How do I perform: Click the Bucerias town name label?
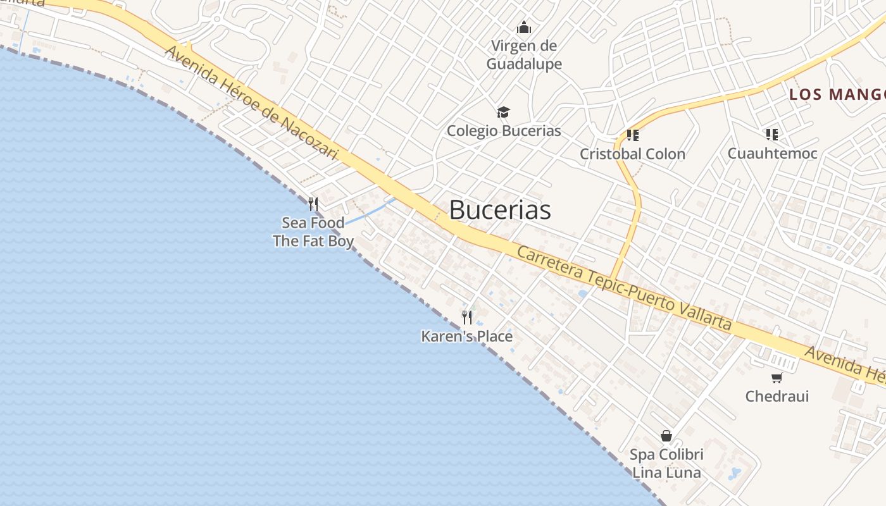click(500, 210)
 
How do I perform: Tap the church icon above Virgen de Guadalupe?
click(524, 27)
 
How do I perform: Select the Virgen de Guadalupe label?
click(524, 55)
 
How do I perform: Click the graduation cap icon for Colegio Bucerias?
click(503, 113)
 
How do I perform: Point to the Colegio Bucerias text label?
click(504, 131)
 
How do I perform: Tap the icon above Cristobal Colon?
click(632, 135)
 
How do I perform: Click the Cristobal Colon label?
click(632, 154)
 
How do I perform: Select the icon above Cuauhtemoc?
click(771, 135)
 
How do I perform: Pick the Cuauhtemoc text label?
click(772, 153)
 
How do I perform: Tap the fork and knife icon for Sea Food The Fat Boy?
click(313, 204)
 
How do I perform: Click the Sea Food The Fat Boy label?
click(313, 232)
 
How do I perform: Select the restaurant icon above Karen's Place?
click(467, 318)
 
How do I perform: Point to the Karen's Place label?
click(467, 336)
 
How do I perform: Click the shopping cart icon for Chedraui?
click(777, 378)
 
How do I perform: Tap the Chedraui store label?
click(777, 397)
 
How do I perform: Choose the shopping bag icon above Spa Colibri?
click(666, 436)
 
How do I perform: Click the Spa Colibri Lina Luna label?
click(666, 464)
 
